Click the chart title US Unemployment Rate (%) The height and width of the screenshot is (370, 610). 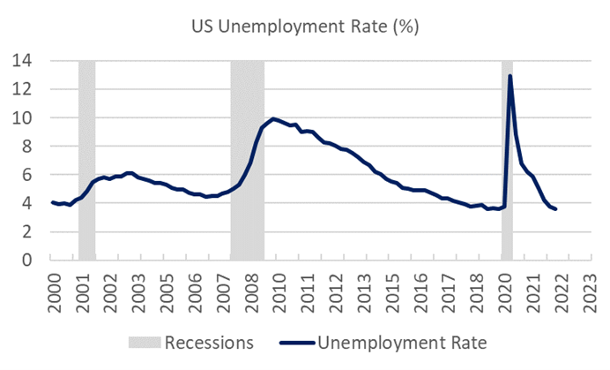click(305, 26)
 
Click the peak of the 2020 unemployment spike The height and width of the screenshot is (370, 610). click(510, 76)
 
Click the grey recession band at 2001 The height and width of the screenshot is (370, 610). click(86, 159)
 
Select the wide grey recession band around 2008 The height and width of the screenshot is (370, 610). click(248, 159)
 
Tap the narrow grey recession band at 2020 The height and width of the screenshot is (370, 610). click(507, 159)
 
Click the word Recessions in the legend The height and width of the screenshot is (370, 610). click(212, 342)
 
